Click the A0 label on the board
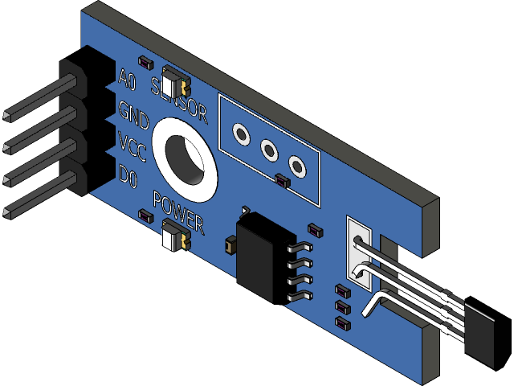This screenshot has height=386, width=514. pyautogui.click(x=127, y=80)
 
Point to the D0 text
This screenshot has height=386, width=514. pyautogui.click(x=128, y=175)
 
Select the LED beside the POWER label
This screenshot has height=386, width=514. pyautogui.click(x=174, y=239)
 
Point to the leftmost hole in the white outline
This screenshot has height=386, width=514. pyautogui.click(x=239, y=133)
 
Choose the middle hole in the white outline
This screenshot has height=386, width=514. pyautogui.click(x=269, y=150)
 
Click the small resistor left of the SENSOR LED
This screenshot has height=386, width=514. pyautogui.click(x=145, y=61)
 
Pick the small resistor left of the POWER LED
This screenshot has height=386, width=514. pyautogui.click(x=145, y=215)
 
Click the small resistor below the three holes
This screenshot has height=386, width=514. pyautogui.click(x=281, y=181)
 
